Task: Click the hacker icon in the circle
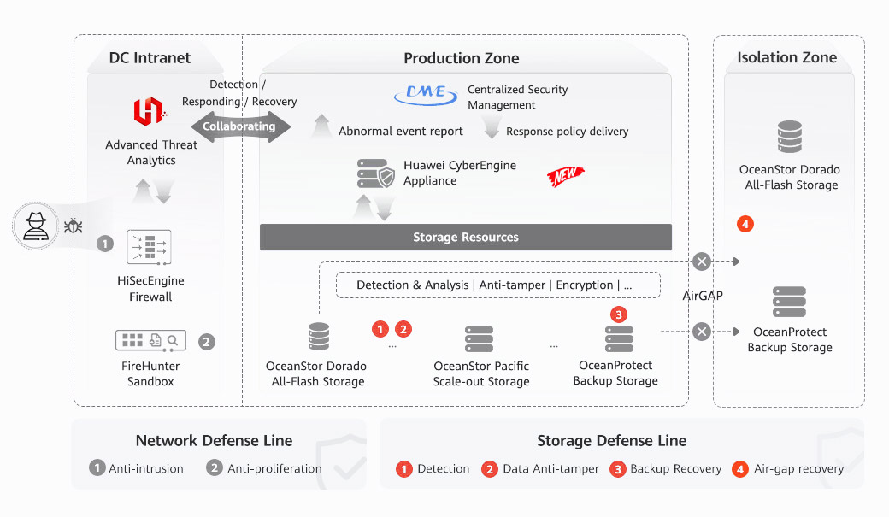36,226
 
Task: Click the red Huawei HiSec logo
149,112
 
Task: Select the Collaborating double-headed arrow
239,126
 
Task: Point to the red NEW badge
565,176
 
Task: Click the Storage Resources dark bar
466,237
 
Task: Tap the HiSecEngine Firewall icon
150,248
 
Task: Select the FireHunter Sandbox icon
150,340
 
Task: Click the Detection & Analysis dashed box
497,285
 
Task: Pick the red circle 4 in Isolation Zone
745,225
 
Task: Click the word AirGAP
703,296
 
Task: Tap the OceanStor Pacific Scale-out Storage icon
480,339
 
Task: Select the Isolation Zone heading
786,57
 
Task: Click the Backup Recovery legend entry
667,469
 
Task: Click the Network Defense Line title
214,441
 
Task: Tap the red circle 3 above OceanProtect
620,314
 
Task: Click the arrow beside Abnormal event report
321,126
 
